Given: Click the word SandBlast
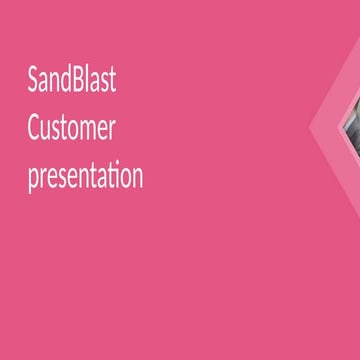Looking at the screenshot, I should [x=72, y=81].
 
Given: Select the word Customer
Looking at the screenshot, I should [x=72, y=129].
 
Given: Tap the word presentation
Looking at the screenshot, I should [x=85, y=177].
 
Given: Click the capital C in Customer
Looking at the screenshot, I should [x=34, y=129].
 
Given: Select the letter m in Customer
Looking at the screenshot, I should [x=88, y=131].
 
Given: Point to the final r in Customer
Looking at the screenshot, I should [x=112, y=131].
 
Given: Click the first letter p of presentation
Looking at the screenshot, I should [x=33, y=180].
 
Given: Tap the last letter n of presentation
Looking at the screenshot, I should [x=137, y=179].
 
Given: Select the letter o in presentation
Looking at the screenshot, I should [x=126, y=179].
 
